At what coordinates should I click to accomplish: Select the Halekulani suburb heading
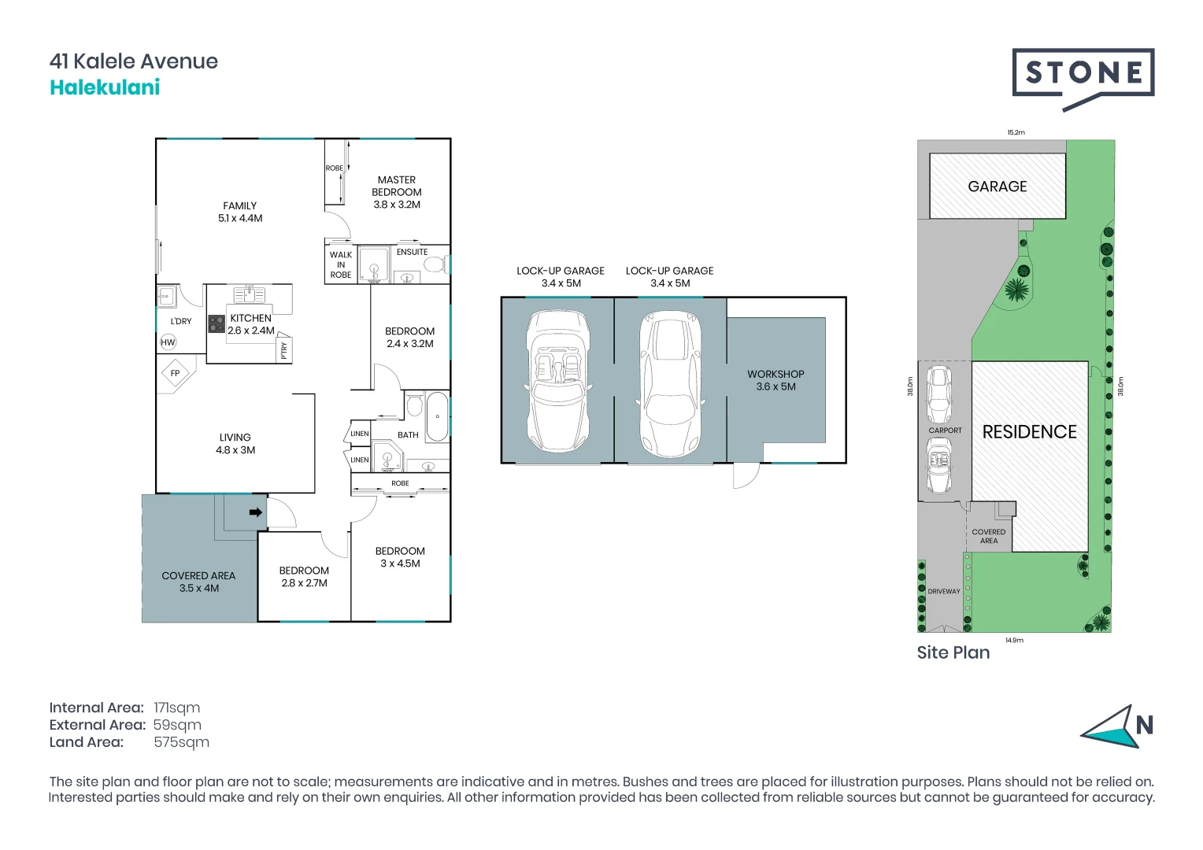[105, 87]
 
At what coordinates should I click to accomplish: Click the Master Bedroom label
[396, 192]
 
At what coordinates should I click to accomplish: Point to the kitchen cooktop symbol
[217, 323]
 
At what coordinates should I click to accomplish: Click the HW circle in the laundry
[168, 342]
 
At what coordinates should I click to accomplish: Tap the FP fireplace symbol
[176, 373]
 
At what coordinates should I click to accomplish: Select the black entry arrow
[255, 512]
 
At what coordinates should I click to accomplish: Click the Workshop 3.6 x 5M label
[775, 380]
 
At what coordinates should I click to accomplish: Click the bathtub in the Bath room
[437, 416]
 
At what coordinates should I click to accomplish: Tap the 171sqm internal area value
[177, 708]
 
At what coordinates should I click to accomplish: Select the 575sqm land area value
[181, 742]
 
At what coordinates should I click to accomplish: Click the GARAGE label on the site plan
[997, 187]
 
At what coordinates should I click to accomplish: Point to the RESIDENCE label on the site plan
[1029, 432]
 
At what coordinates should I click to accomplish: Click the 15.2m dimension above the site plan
[1016, 132]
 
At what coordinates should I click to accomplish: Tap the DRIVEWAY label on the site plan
[943, 591]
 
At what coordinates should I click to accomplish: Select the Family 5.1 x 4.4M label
[240, 212]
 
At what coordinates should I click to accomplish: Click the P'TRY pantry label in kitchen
[284, 350]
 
